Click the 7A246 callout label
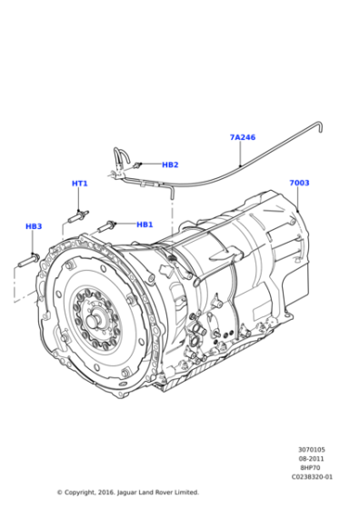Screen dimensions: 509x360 point(242,137)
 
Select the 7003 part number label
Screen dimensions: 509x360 point(299,183)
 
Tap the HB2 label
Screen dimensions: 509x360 point(170,165)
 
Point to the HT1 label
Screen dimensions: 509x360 point(80,184)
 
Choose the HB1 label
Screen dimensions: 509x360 point(145,225)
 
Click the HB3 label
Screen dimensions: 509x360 point(34,226)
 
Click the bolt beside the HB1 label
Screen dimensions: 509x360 point(113,224)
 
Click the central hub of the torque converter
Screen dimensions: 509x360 point(94,320)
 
